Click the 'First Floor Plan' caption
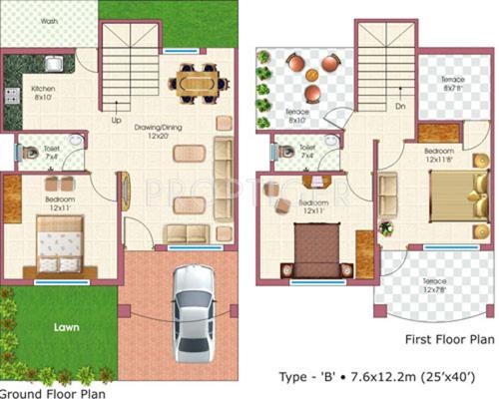(x=449, y=338)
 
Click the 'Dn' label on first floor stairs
(x=399, y=105)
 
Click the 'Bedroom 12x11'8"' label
(x=445, y=156)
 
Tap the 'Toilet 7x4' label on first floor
(x=307, y=152)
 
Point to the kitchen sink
(x=51, y=70)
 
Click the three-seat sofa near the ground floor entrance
(x=187, y=234)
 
